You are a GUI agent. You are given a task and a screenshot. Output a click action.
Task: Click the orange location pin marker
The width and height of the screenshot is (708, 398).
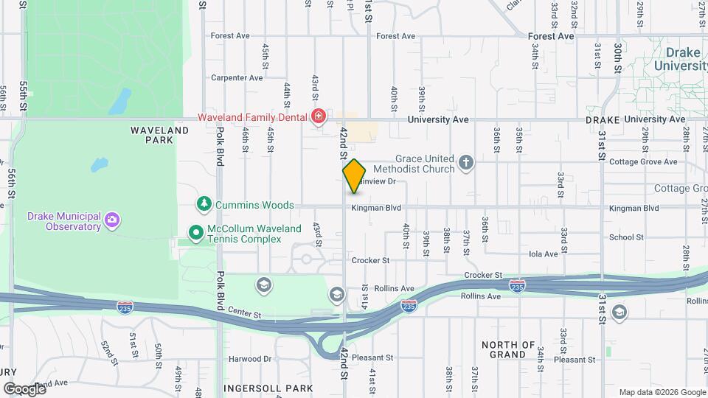click(x=354, y=175)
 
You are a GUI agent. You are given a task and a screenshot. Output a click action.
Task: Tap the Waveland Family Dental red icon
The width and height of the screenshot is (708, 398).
click(x=319, y=117)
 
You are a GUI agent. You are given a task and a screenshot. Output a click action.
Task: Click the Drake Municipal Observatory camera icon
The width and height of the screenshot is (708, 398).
click(x=111, y=219)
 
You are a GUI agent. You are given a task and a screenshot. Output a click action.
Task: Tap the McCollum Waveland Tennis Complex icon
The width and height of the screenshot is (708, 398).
click(x=196, y=233)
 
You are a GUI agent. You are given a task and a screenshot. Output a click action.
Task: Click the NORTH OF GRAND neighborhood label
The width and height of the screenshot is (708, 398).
click(x=508, y=349)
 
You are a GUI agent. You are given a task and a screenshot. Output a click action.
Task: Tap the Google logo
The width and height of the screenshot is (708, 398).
click(x=24, y=388)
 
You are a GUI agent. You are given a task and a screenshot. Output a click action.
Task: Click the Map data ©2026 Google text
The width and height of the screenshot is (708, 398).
click(x=662, y=392)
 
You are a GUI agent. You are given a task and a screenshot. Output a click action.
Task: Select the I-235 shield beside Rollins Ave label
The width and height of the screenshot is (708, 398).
click(x=408, y=304)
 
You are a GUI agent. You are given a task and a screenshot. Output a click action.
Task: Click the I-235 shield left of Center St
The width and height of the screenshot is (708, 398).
click(x=126, y=304)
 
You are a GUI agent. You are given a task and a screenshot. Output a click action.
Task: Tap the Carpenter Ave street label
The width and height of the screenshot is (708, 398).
click(x=237, y=77)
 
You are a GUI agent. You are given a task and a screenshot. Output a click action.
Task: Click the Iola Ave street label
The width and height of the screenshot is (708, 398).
click(x=544, y=254)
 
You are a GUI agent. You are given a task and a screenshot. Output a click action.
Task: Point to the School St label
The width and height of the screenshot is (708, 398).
click(x=626, y=237)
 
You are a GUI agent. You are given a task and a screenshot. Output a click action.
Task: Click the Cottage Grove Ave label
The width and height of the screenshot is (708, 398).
click(x=650, y=161)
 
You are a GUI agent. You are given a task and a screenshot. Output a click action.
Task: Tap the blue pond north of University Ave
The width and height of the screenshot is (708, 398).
click(x=120, y=101)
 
